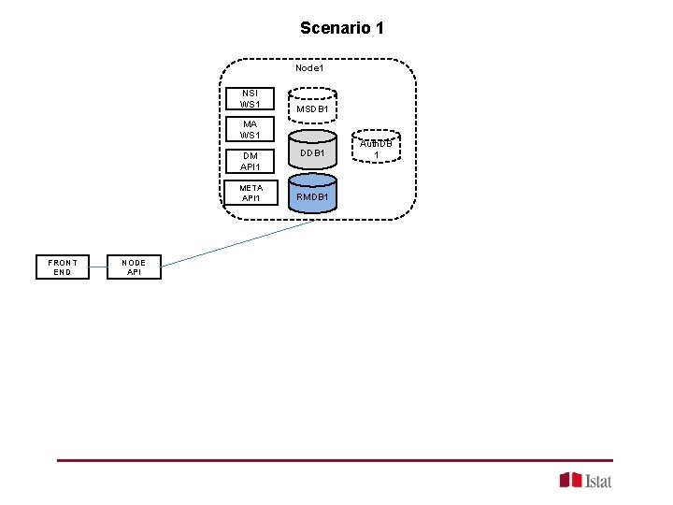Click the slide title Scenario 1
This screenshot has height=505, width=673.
pos(341,28)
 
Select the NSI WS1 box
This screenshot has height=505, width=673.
pos(251,98)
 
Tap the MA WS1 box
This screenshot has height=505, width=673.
pos(251,130)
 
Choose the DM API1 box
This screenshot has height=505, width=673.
pos(251,161)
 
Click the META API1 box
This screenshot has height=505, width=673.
pos(251,193)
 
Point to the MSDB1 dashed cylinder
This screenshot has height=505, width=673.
pos(311,107)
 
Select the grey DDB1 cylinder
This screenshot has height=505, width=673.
pos(311,150)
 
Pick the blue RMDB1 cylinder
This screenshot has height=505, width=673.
pos(311,194)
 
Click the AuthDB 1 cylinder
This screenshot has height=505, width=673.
pos(377,146)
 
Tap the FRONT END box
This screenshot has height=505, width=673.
pos(63,267)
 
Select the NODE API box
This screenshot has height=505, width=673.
pos(134,267)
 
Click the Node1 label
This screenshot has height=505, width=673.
pos(309,67)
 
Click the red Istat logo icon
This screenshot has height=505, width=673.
pos(570,480)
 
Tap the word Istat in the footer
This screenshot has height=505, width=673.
pos(598,481)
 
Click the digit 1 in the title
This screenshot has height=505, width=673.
pos(379,28)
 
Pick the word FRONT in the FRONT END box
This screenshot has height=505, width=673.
pos(63,262)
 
